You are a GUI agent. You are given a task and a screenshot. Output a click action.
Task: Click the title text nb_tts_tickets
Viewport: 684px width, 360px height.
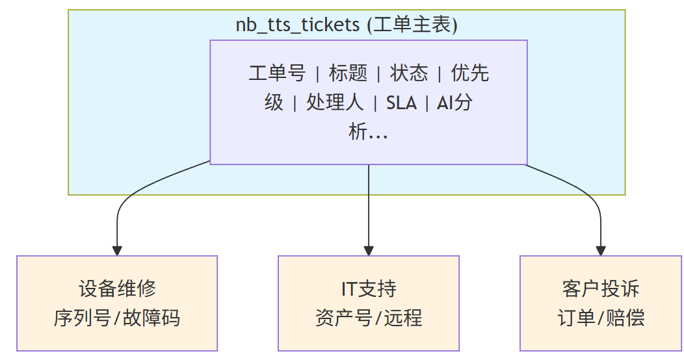click(297, 25)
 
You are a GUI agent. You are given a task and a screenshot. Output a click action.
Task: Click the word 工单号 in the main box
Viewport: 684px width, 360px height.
click(276, 73)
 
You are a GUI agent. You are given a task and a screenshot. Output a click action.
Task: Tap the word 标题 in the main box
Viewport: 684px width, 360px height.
click(348, 73)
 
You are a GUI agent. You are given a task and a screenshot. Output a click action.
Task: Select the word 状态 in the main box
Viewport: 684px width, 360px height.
click(409, 73)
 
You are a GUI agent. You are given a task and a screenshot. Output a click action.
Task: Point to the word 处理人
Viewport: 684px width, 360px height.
click(335, 103)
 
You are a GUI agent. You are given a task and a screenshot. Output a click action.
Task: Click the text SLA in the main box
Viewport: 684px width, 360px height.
click(401, 103)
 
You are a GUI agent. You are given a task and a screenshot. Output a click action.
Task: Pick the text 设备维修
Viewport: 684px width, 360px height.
click(117, 289)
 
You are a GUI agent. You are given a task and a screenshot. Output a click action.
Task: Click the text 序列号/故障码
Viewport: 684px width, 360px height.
click(117, 318)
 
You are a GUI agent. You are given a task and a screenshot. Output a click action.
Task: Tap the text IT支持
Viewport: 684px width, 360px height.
click(369, 289)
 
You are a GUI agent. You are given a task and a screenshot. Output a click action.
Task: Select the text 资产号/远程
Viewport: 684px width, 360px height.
click(369, 318)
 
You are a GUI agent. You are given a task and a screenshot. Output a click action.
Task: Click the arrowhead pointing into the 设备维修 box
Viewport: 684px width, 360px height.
click(117, 250)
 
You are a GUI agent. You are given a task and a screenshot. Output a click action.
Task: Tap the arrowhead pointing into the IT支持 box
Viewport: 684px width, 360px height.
click(369, 250)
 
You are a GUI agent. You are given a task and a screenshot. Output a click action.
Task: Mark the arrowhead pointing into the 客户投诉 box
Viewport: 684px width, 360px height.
click(601, 250)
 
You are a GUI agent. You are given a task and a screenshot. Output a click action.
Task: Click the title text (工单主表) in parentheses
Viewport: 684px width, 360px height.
click(412, 25)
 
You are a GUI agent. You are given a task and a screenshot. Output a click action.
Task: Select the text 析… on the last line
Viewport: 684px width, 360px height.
click(369, 133)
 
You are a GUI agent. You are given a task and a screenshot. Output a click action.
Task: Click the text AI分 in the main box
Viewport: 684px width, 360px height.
click(454, 103)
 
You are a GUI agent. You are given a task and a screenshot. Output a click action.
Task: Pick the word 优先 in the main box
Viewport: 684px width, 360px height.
click(470, 73)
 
